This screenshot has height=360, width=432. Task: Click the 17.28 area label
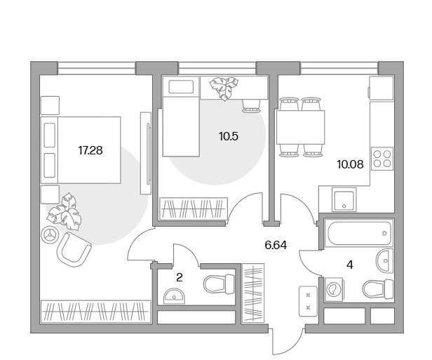tap(90, 150)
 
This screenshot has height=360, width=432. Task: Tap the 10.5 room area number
tap(229, 136)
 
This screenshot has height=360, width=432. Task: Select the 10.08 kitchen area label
tap(350, 164)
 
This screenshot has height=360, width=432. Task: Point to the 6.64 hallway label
tap(276, 245)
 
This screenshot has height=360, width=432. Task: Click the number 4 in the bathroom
tap(350, 265)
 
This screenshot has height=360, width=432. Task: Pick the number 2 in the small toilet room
tap(180, 277)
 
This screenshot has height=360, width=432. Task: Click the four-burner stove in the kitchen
tap(382, 159)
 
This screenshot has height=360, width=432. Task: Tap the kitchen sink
tap(344, 199)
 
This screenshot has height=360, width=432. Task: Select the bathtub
tap(358, 232)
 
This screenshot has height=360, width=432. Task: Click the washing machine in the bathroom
tap(335, 289)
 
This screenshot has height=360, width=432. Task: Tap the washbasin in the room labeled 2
tap(175, 296)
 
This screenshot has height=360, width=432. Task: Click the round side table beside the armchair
tap(50, 234)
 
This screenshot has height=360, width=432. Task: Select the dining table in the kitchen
tap(301, 127)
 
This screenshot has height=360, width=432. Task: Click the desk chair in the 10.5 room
tap(251, 106)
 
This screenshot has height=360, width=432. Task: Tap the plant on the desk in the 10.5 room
tap(224, 88)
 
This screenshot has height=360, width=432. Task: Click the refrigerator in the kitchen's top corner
tap(381, 88)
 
